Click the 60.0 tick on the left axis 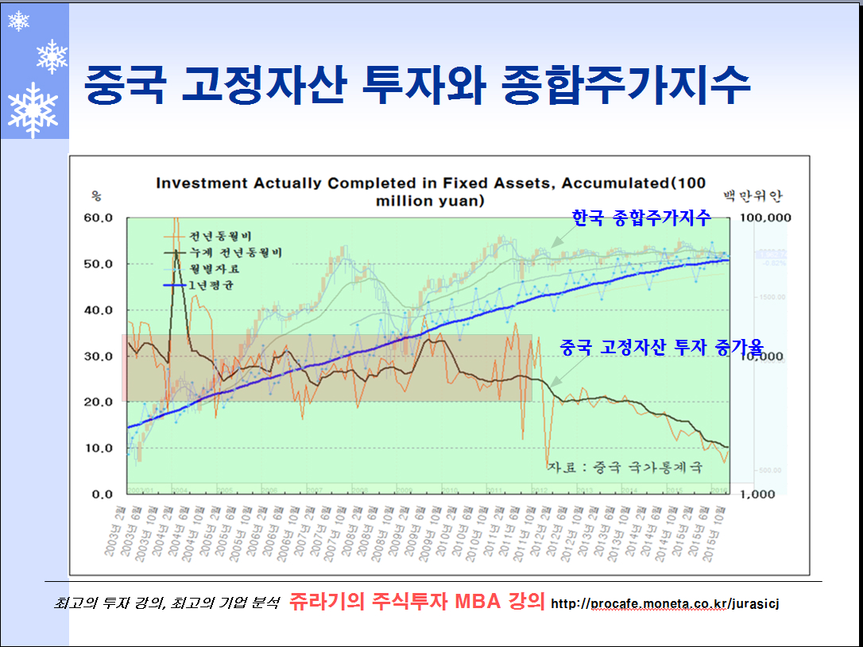[x=99, y=218]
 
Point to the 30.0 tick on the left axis [x=99, y=356]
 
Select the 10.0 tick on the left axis [x=99, y=448]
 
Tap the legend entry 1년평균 [x=216, y=284]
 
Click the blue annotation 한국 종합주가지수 [x=641, y=218]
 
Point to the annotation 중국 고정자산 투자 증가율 [x=661, y=347]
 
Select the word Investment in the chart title [x=201, y=183]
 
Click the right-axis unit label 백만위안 [x=752, y=194]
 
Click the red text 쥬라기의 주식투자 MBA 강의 [x=416, y=601]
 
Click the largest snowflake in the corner [x=33, y=110]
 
